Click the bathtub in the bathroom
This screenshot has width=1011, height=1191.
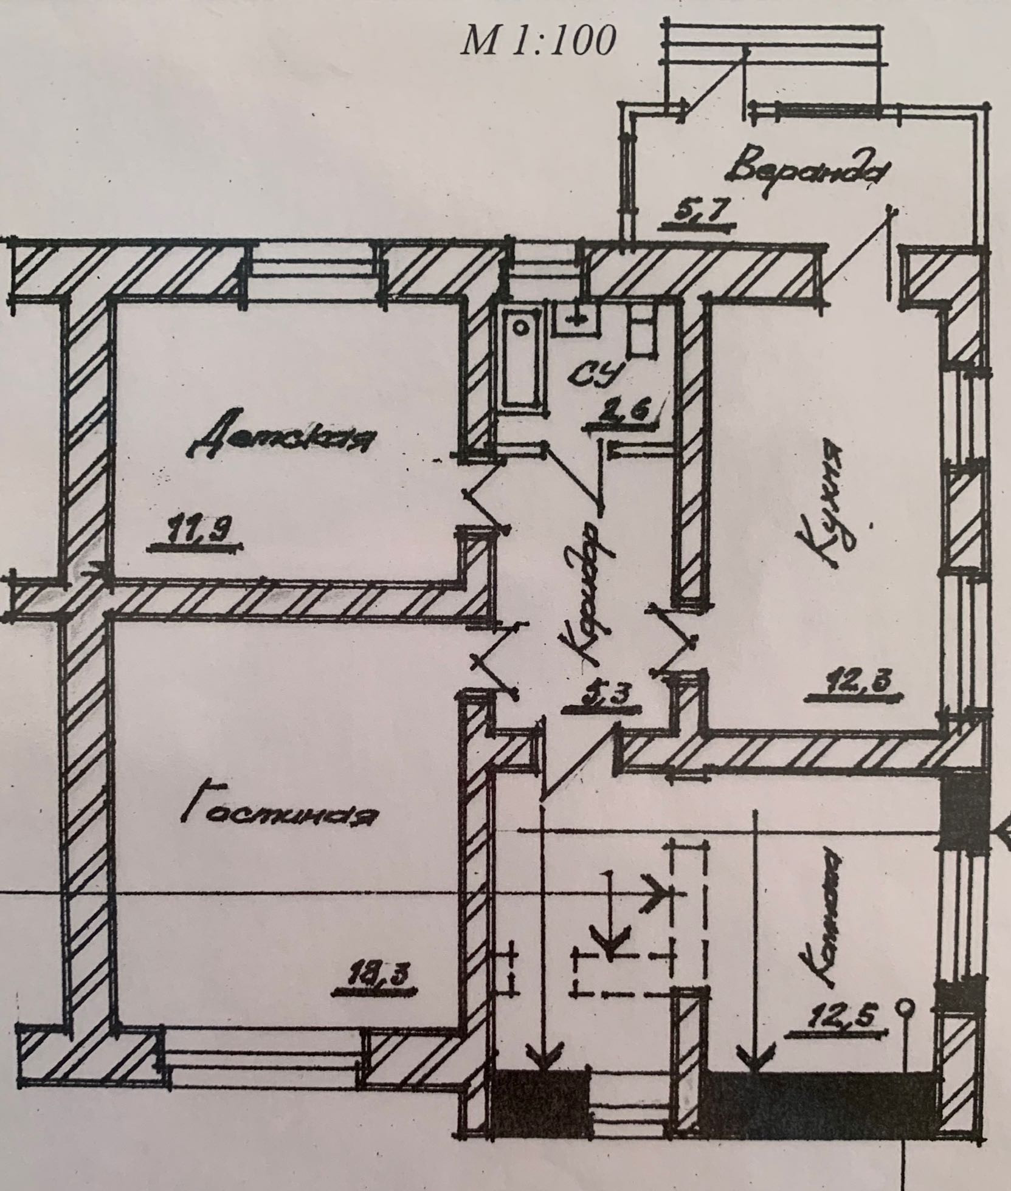pyautogui.click(x=521, y=359)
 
